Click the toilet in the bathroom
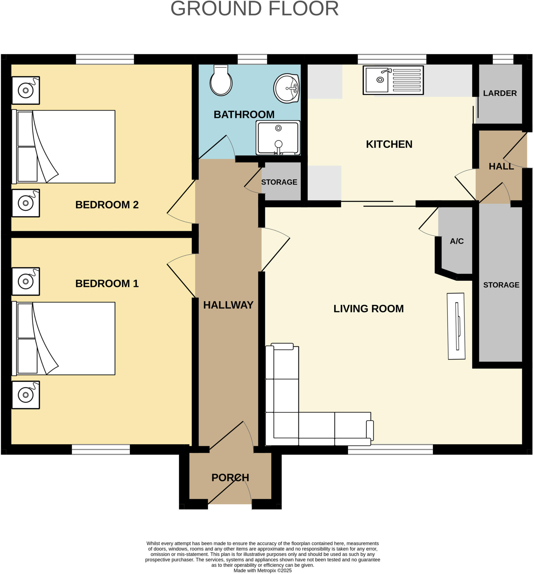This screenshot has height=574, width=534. (x=221, y=80)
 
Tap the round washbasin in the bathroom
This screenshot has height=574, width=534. (x=286, y=88)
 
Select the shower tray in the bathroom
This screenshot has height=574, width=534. (x=278, y=138)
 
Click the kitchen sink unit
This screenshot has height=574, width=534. (x=393, y=80)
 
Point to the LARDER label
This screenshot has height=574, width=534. (x=500, y=93)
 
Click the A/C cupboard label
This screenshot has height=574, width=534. (x=457, y=241)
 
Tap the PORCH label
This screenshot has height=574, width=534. (x=230, y=478)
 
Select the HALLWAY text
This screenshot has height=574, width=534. (x=228, y=305)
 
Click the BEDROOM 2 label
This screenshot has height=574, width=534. (x=107, y=205)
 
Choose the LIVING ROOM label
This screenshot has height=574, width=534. (x=369, y=309)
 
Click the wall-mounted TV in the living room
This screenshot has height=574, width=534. (x=456, y=326)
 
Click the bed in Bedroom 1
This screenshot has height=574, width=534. (x=64, y=339)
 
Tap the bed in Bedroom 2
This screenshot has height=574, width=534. (x=64, y=147)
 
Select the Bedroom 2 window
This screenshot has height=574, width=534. (x=105, y=59)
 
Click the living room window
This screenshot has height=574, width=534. (x=390, y=450)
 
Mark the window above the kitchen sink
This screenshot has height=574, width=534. (x=392, y=59)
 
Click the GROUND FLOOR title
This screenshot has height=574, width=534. (x=255, y=9)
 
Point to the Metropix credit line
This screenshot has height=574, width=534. (x=263, y=571)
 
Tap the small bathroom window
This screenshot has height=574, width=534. (x=252, y=59)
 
